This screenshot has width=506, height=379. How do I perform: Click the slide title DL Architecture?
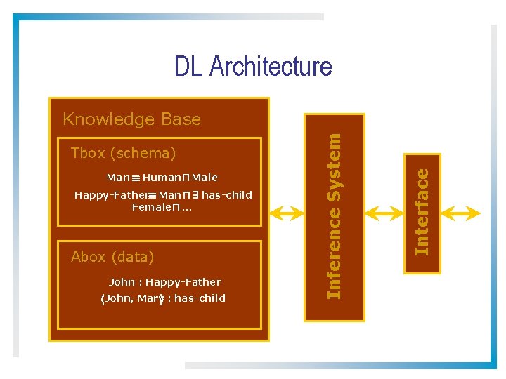pyautogui.click(x=253, y=67)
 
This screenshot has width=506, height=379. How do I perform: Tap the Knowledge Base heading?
pyautogui.click(x=131, y=119)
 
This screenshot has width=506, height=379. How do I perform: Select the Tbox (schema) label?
pyautogui.click(x=123, y=153)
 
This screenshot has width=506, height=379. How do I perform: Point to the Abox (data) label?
pyautogui.click(x=112, y=257)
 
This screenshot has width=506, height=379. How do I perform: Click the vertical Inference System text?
pyautogui.click(x=335, y=216)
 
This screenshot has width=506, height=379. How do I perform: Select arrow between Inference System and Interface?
pyautogui.click(x=382, y=213)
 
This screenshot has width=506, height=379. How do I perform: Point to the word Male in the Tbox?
pyautogui.click(x=205, y=178)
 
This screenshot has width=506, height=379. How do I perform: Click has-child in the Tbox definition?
pyautogui.click(x=226, y=195)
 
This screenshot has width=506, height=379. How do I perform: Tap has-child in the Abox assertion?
pyautogui.click(x=200, y=299)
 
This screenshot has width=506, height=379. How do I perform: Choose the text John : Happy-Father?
pyautogui.click(x=165, y=282)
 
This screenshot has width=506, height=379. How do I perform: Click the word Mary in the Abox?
pyautogui.click(x=150, y=299)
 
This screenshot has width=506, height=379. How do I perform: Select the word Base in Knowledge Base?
pyautogui.click(x=181, y=119)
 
